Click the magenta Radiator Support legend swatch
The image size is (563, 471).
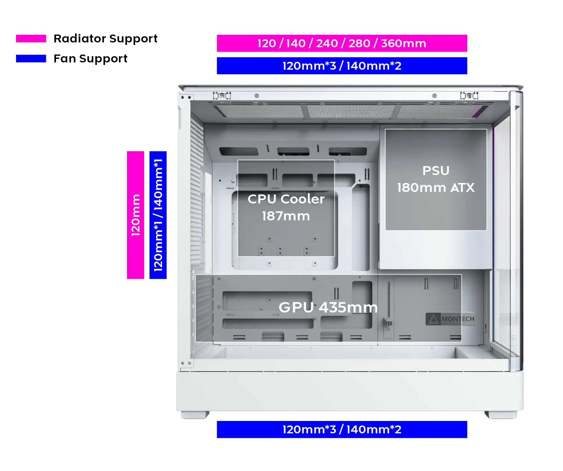[31, 39]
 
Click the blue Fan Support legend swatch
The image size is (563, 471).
[31, 58]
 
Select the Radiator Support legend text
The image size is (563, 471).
[105, 39]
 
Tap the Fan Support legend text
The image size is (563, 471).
[90, 58]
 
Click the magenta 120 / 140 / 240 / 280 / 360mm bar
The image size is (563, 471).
[342, 43]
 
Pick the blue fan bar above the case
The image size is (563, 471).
[342, 66]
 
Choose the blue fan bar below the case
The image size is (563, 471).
[342, 429]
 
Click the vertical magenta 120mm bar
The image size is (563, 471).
[135, 215]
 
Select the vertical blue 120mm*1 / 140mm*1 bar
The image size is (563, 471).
[158, 215]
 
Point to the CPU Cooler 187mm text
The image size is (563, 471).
[286, 207]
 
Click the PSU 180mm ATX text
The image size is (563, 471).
[436, 179]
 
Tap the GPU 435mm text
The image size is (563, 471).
[328, 307]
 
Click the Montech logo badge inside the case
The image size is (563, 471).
[450, 319]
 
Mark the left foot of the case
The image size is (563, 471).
[195, 415]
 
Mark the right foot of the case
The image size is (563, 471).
[501, 415]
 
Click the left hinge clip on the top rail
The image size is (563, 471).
[222, 96]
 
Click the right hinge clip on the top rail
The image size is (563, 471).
[469, 96]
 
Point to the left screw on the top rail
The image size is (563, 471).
[257, 96]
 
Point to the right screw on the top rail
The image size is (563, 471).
[434, 96]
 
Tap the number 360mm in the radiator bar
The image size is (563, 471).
[403, 43]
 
